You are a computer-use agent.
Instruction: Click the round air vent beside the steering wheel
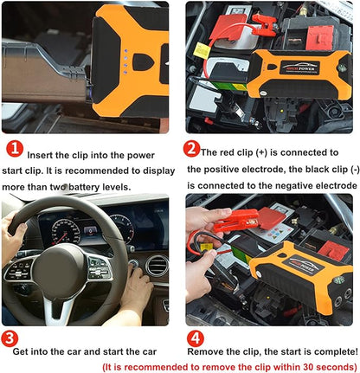pos(156,265)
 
